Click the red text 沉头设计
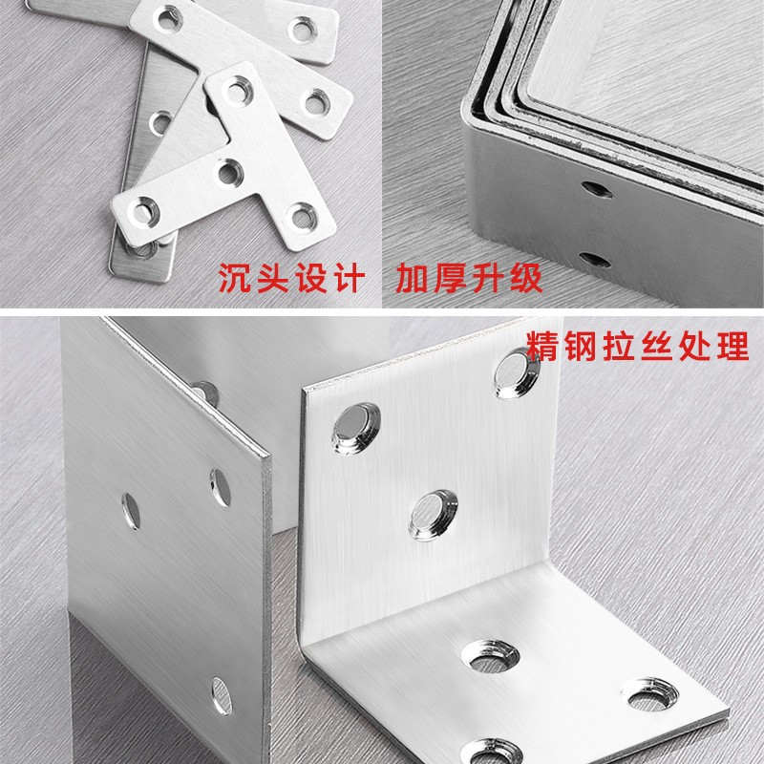point(289,280)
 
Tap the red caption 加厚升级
point(469,280)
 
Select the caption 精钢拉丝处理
point(637,346)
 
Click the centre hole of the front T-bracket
point(227,172)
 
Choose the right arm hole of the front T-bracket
point(303,214)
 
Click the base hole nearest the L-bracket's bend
point(486,653)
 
